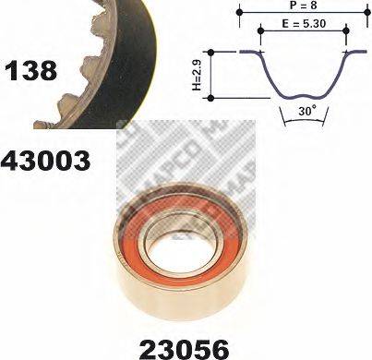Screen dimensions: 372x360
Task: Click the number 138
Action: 30,70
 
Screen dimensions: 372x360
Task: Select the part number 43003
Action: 45,161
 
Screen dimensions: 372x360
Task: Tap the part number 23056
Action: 184,350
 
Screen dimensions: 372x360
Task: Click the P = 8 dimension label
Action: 303,6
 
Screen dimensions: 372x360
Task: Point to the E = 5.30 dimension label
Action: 304,23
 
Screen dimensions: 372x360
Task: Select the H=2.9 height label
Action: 197,76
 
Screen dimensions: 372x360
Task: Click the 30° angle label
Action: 306,111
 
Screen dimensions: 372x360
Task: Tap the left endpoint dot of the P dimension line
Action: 239,12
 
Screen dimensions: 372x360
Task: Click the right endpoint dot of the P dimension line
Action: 367,12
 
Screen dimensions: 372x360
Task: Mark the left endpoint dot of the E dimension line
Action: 260,30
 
